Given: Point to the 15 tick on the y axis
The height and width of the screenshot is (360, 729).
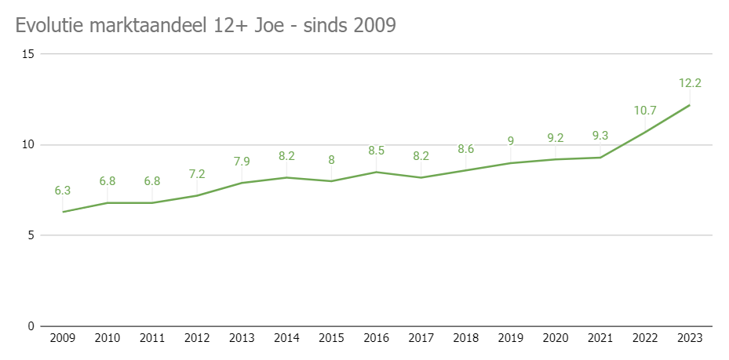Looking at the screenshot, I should coord(29,54).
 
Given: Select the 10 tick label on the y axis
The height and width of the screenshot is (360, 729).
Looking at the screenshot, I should coord(29,145).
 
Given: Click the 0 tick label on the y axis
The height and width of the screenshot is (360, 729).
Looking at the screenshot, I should coord(32,326).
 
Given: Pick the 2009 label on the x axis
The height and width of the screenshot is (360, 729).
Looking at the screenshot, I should coord(63,338).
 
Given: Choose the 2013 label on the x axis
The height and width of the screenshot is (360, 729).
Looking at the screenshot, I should coord(242,338).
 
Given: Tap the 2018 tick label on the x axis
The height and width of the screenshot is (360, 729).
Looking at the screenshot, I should coord(465,338).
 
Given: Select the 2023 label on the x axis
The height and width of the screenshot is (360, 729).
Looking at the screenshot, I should coord(689,338).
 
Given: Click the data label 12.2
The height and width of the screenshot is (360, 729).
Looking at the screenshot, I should coord(690,83).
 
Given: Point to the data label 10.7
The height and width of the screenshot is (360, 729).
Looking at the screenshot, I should coord(645,110).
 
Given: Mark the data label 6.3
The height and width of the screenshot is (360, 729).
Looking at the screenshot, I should coord(63,190).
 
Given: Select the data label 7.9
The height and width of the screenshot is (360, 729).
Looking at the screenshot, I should coord(242,162).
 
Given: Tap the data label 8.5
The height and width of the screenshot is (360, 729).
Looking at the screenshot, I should coord(376,151).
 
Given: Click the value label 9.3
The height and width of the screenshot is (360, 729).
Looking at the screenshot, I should coord(600,136).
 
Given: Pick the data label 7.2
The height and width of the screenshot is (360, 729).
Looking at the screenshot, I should coord(197,174).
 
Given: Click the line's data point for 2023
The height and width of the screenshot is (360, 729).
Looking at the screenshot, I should coord(690,105).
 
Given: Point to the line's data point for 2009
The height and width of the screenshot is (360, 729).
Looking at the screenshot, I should coord(63,212).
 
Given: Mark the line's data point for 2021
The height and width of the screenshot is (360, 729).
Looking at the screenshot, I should coord(600,158).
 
